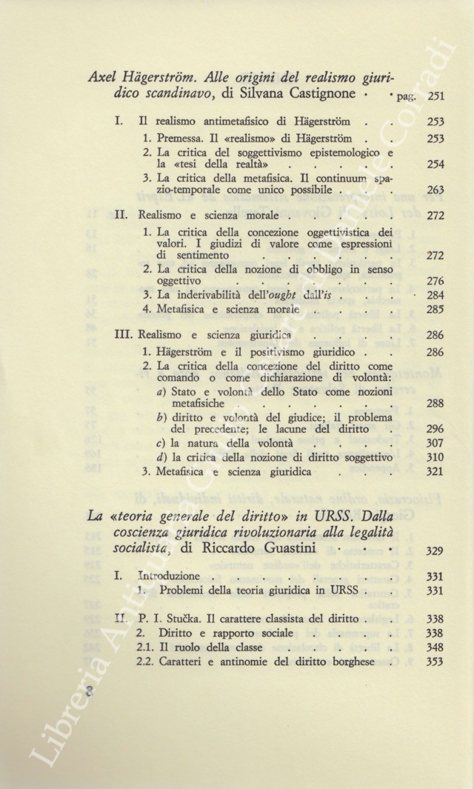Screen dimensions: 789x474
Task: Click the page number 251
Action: point(437,96)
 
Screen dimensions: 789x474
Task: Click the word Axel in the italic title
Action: point(104,76)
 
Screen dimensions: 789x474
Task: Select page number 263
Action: point(435,190)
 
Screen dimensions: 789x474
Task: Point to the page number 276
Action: point(435,282)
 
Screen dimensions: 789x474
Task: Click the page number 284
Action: point(435,296)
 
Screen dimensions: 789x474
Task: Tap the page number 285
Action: point(435,310)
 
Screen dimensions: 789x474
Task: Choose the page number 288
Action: point(435,404)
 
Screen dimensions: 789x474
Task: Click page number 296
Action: point(435,428)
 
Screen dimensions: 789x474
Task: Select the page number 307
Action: point(435,443)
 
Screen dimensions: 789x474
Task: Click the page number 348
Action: point(435,647)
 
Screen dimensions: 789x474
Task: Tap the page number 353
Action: point(435,662)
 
